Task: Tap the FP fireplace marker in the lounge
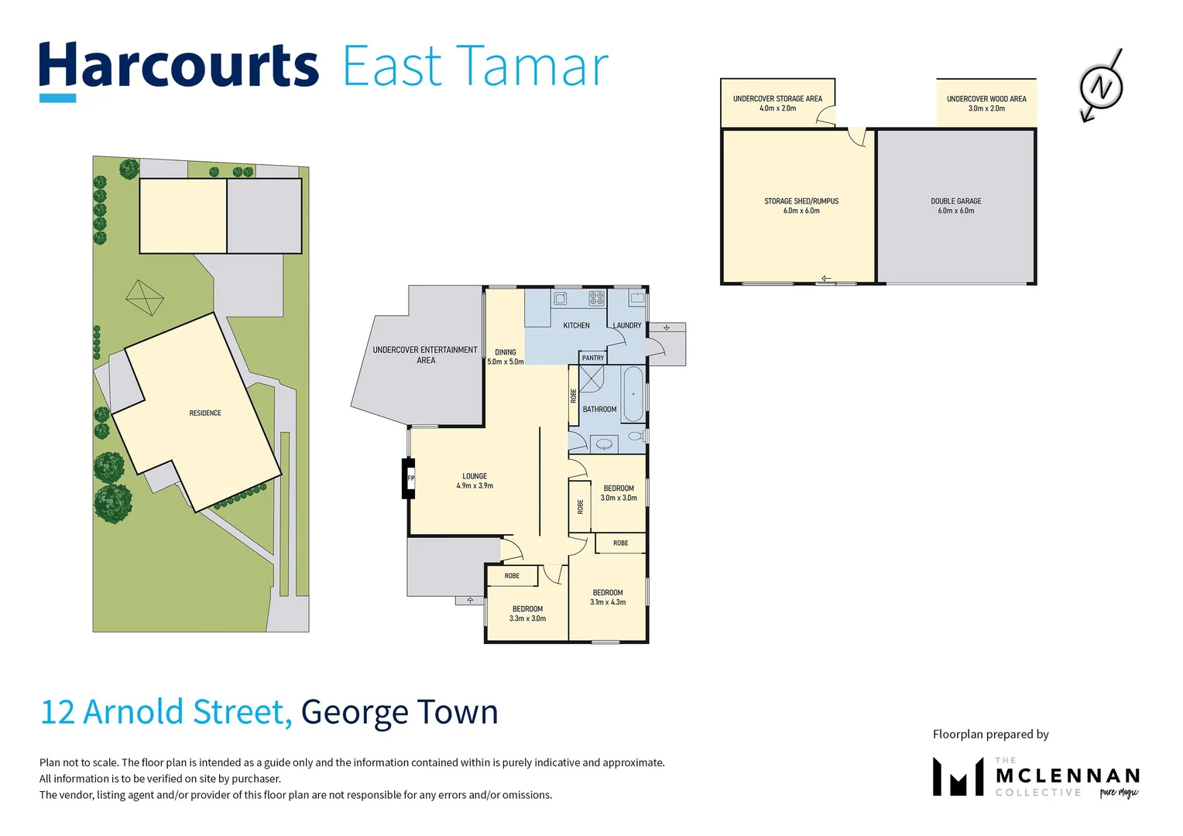(x=411, y=478)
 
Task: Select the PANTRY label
(x=592, y=358)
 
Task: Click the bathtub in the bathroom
(x=633, y=394)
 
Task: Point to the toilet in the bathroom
(x=636, y=437)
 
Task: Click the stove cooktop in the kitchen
(x=596, y=298)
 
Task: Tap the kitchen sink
(x=561, y=299)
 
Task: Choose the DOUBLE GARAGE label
(x=956, y=201)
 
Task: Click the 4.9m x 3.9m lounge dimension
(x=475, y=486)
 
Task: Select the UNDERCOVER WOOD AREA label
(x=986, y=99)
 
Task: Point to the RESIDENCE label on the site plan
(x=205, y=413)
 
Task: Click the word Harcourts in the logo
(x=179, y=65)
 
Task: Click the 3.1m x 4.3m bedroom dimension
(x=608, y=602)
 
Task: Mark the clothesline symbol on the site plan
(x=145, y=298)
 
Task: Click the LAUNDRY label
(x=627, y=325)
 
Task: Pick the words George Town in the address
(x=399, y=712)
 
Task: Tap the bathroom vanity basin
(x=604, y=444)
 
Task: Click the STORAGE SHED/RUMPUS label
(x=801, y=201)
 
